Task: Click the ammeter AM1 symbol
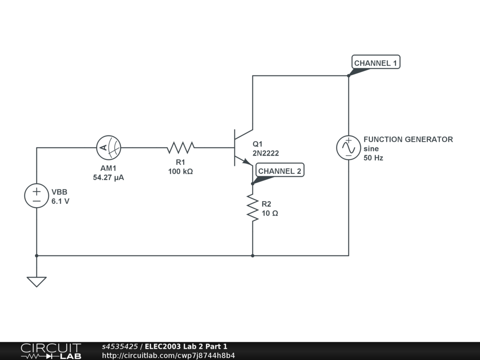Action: click(108, 148)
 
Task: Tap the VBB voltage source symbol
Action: click(37, 196)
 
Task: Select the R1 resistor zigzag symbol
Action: click(180, 148)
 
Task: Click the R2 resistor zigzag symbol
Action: click(253, 209)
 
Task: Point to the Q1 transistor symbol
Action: click(242, 148)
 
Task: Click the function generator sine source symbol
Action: click(349, 148)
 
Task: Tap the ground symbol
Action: click(37, 281)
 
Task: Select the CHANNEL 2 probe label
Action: click(280, 171)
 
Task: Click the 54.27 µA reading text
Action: click(109, 178)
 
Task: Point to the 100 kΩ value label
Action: click(180, 172)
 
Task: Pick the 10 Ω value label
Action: click(270, 213)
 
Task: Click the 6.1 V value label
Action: click(60, 202)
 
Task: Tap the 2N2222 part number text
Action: click(266, 153)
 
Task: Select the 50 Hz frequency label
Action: click(374, 158)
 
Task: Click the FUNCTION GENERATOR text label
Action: click(408, 139)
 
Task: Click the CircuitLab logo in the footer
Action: click(51, 351)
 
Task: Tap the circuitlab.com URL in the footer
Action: click(168, 355)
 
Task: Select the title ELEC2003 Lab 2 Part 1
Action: click(186, 347)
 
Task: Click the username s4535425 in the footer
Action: click(120, 347)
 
